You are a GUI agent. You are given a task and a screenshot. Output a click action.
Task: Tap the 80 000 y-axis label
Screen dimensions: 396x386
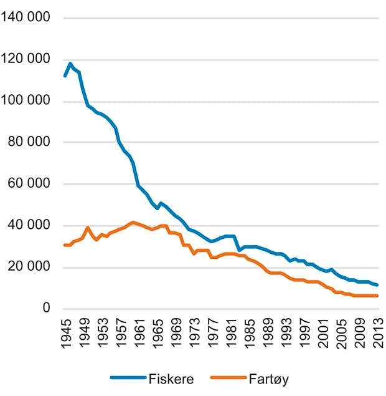click(x=29, y=142)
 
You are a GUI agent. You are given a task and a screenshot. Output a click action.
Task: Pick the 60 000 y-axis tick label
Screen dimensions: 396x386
click(x=29, y=184)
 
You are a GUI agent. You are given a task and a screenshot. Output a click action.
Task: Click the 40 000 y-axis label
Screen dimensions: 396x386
click(x=29, y=226)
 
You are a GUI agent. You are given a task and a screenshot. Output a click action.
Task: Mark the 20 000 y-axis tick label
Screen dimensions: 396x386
click(x=29, y=268)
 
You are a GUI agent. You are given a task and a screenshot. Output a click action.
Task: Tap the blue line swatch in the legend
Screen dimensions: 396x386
click(x=128, y=377)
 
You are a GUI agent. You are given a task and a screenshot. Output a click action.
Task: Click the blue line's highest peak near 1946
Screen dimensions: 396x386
click(x=70, y=63)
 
